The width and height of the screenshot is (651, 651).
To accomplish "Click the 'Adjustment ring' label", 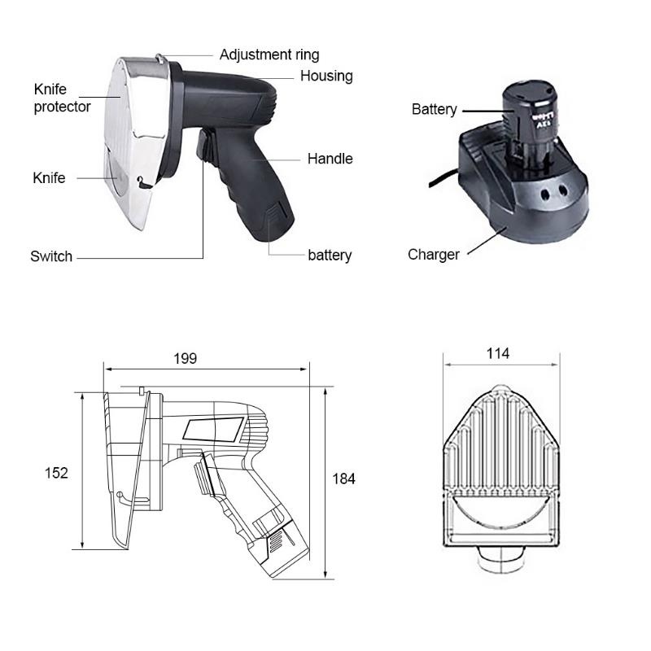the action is [269, 55].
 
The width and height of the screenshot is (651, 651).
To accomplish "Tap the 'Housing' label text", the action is [326, 76].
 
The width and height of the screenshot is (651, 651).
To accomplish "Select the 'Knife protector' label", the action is [62, 98].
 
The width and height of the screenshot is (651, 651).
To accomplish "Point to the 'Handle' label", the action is [330, 158].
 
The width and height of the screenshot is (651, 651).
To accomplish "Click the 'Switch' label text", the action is [51, 256].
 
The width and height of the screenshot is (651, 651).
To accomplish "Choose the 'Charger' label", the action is [434, 254].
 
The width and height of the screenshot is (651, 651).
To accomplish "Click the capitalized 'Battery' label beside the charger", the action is [435, 109].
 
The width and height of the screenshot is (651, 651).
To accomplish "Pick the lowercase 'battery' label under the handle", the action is [330, 255].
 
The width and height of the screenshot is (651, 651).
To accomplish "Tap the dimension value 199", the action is [186, 358].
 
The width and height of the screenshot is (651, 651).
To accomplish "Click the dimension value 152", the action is [56, 473].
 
